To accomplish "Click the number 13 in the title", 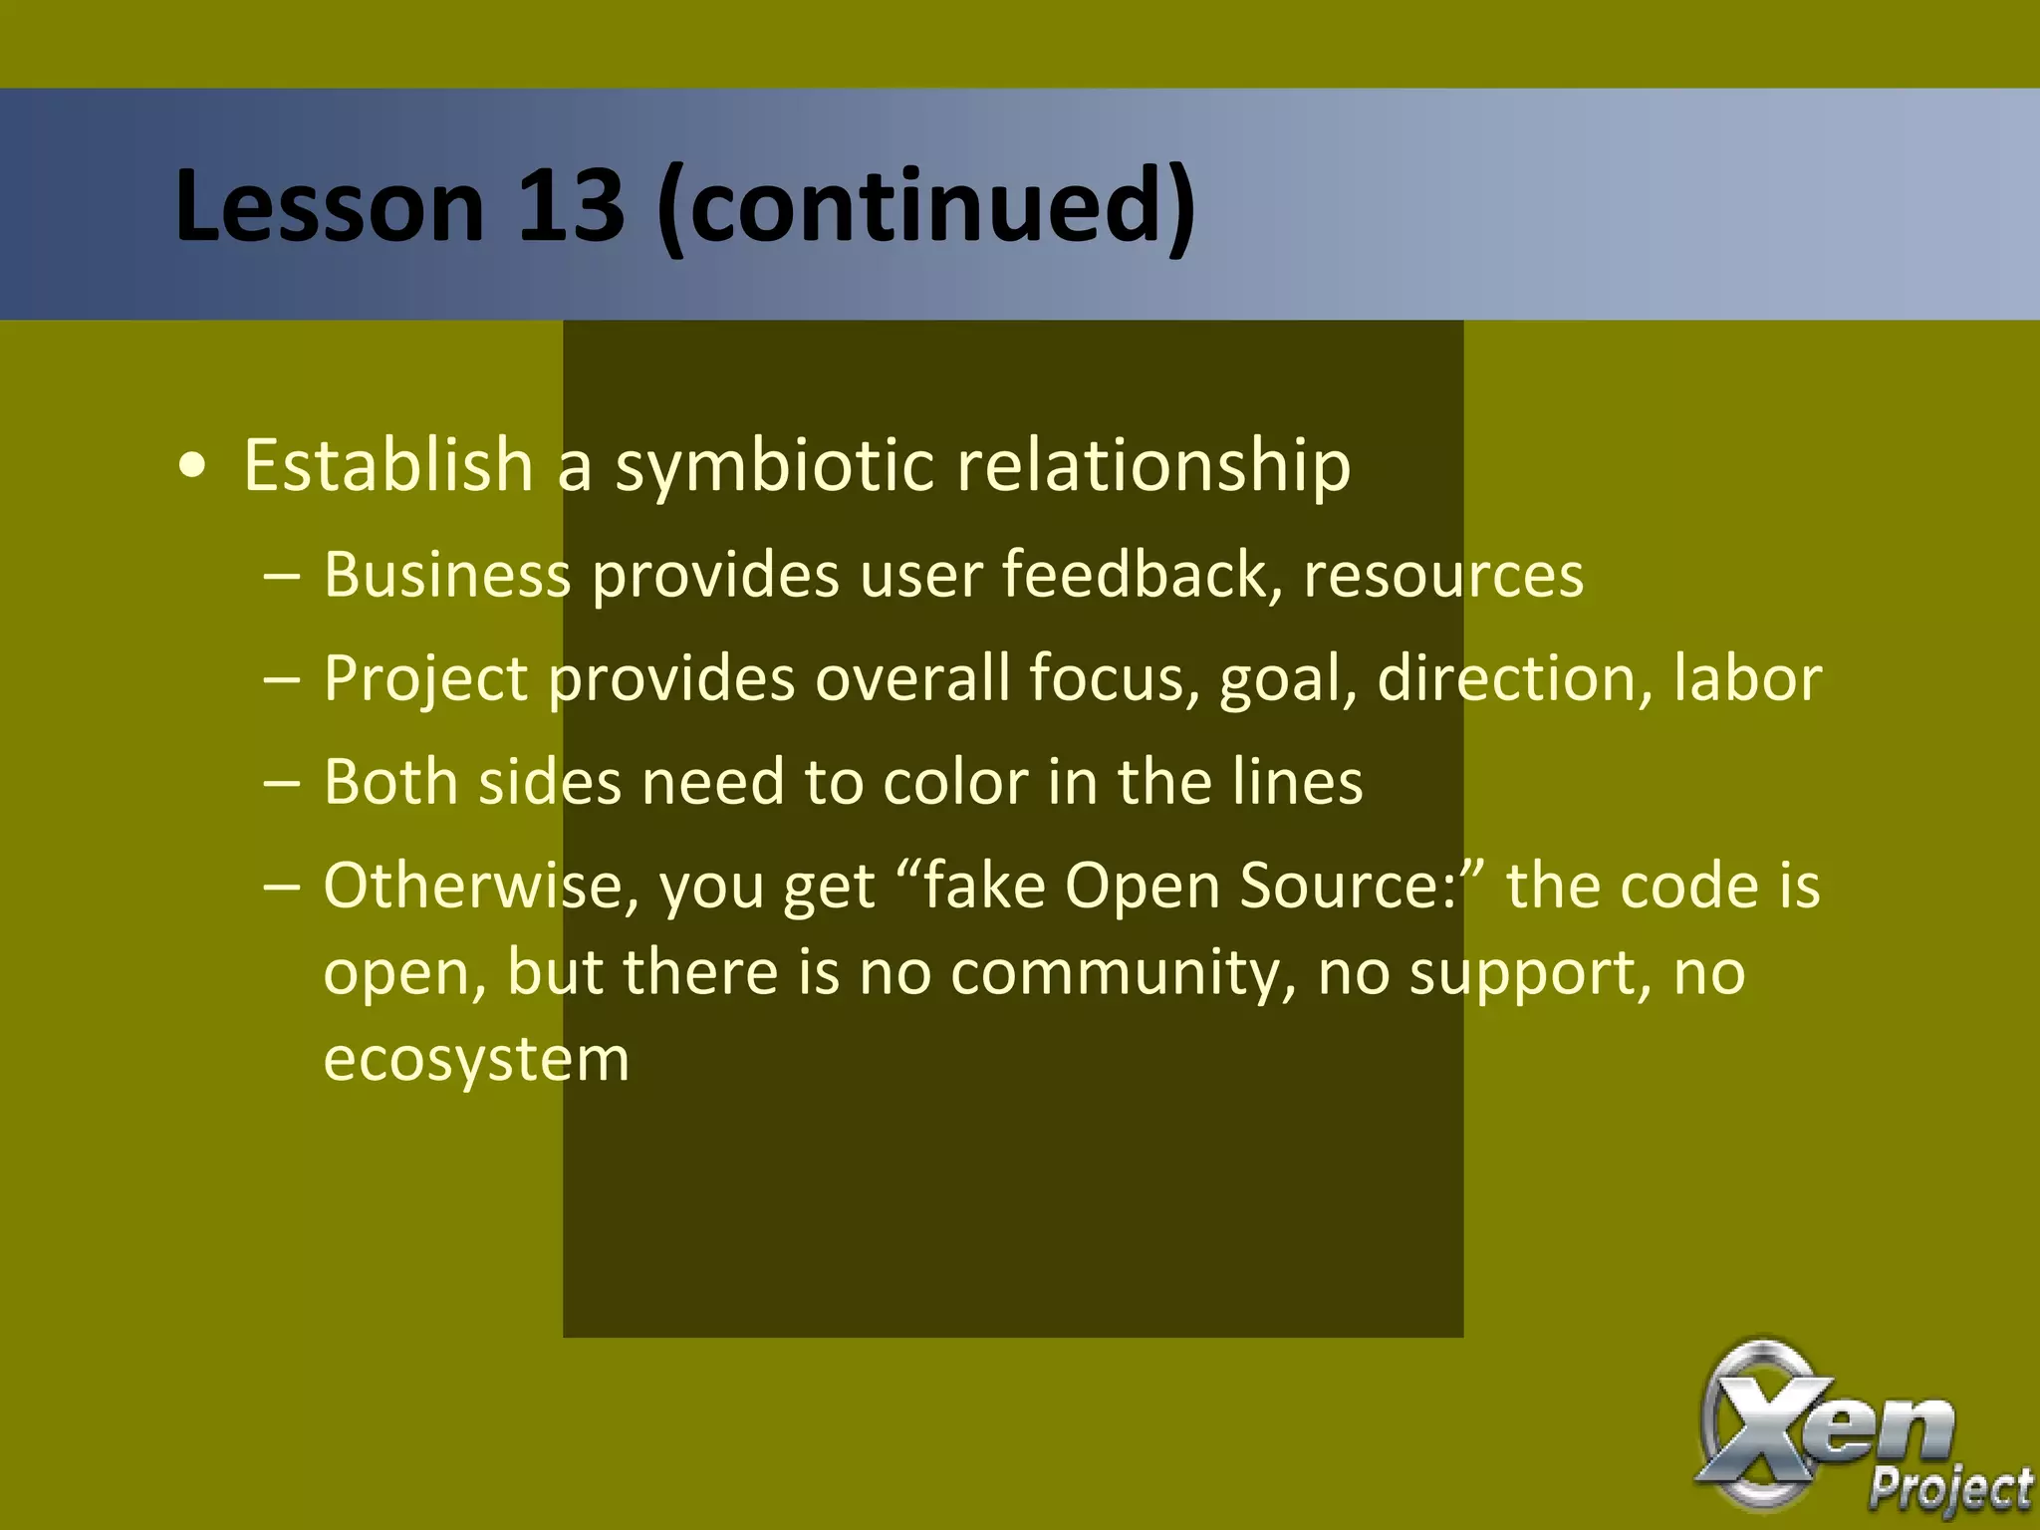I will [570, 205].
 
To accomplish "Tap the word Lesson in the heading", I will [329, 205].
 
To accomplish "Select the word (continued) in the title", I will [926, 205].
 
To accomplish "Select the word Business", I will [447, 575].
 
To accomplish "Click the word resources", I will [1443, 577].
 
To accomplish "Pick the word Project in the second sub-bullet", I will [425, 680].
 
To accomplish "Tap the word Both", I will [390, 782].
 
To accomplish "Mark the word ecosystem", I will [476, 1060].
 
